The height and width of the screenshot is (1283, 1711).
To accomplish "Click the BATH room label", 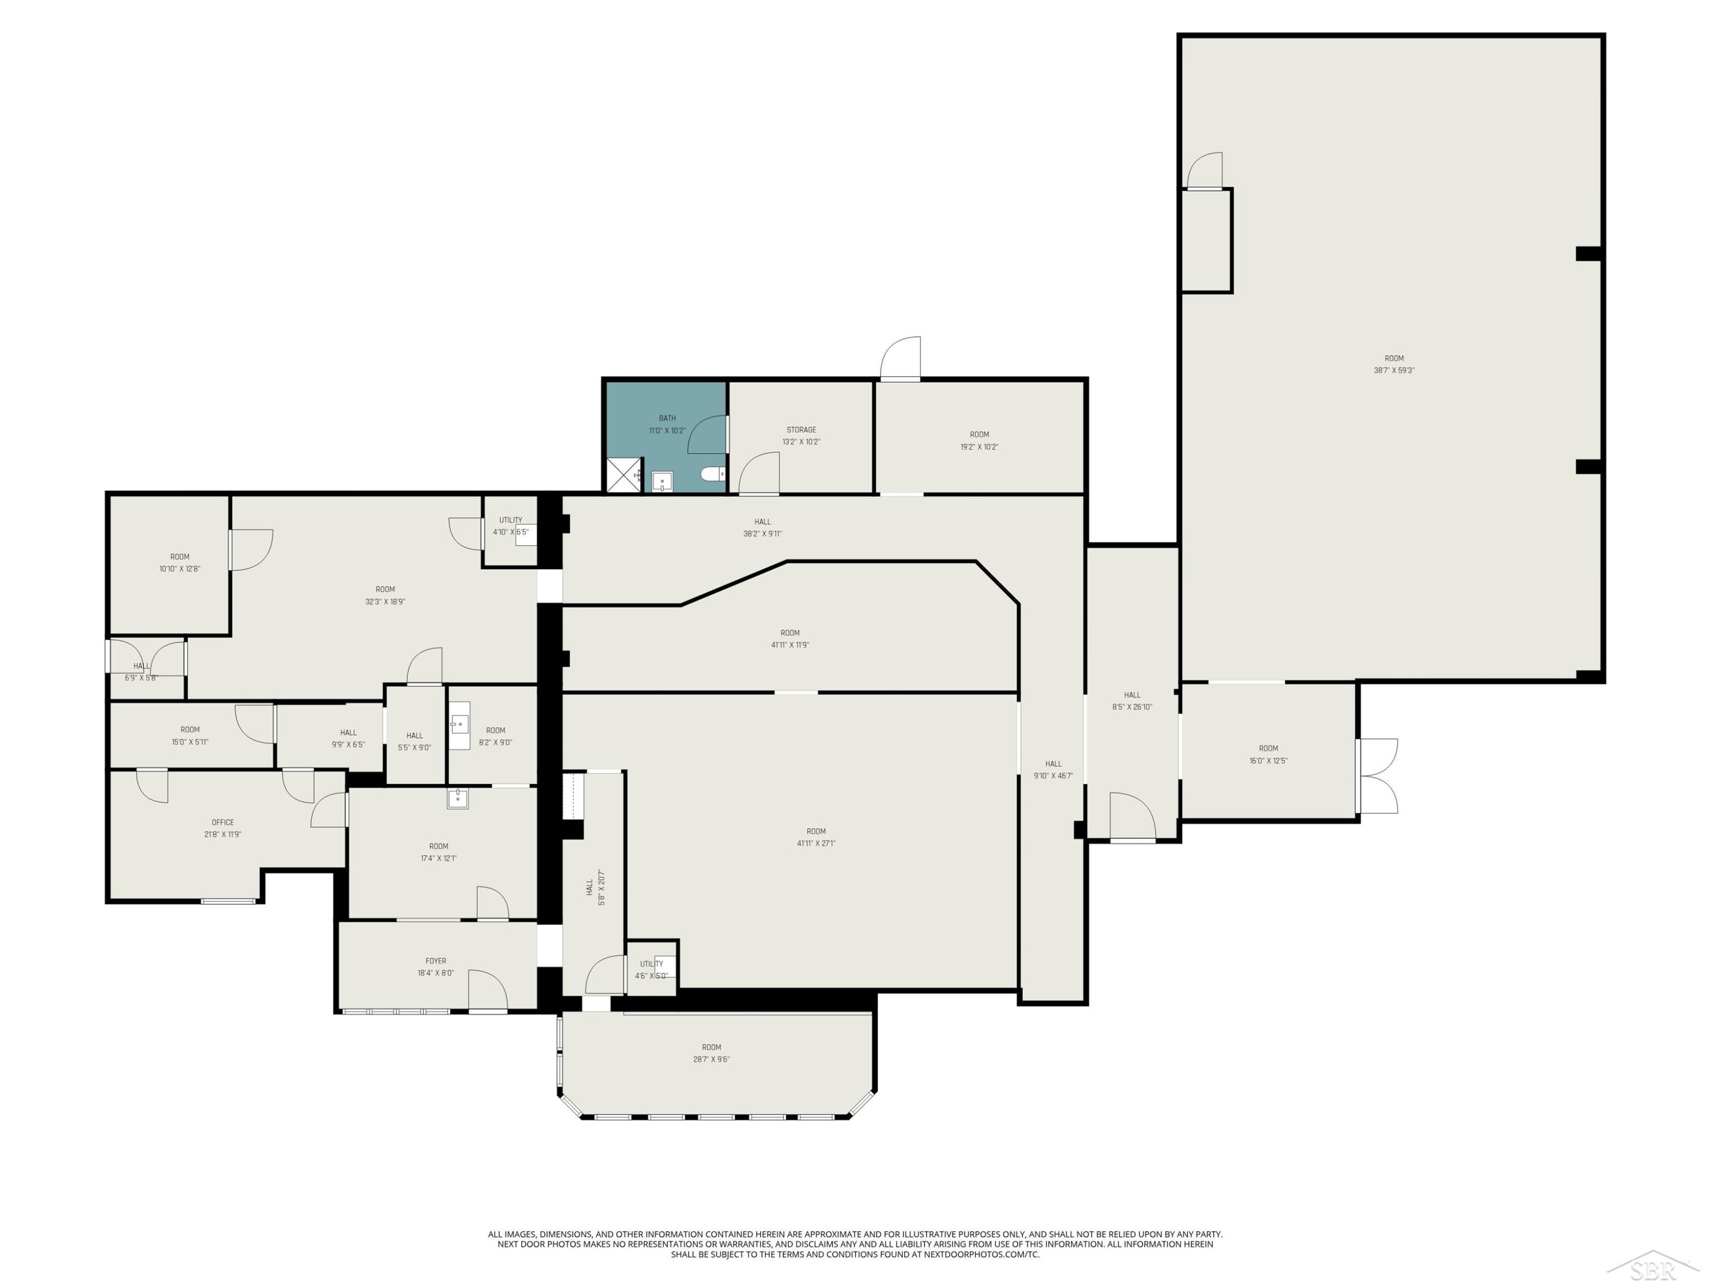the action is pos(667,419).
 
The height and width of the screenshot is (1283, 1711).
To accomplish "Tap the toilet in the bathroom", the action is pos(712,473).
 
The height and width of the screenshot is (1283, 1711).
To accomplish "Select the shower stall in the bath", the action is pos(624,475).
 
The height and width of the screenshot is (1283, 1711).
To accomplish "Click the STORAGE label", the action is pos(801,430).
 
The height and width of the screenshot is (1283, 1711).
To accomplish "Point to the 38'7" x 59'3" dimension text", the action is pos(1394,371).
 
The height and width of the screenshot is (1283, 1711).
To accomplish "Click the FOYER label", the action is pos(436,961).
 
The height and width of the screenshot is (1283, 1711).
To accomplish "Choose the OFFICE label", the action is pos(223,822).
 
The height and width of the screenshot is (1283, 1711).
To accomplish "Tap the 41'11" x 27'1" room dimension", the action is pos(816,844).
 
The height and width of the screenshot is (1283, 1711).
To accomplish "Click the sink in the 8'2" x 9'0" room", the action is pos(460,725).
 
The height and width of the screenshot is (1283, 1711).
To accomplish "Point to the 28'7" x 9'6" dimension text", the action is pos(711,1059).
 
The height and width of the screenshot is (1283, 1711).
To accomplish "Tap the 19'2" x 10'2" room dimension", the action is pos(979,447).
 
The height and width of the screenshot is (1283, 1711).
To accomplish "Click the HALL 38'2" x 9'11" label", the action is pos(763,527).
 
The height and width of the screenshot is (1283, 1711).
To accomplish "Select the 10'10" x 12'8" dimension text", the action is pos(180,569).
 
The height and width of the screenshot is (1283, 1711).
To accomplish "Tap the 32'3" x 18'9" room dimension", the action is pos(385,602).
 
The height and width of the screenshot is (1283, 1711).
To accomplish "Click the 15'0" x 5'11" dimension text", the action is pos(189,742).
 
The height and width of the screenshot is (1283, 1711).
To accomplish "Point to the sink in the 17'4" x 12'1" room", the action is pos(457,799).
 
